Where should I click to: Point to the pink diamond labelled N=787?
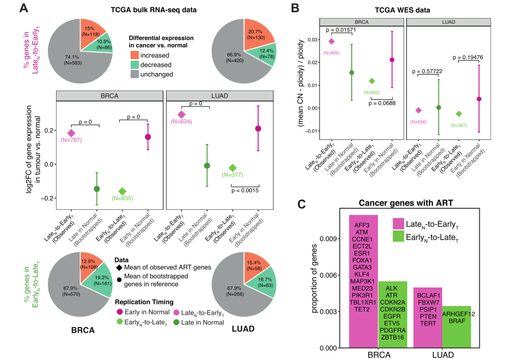coord(71,133)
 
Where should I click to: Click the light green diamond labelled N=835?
coord(122,191)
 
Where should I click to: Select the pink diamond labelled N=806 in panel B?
coord(332,41)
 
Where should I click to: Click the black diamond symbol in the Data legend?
coord(120,268)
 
